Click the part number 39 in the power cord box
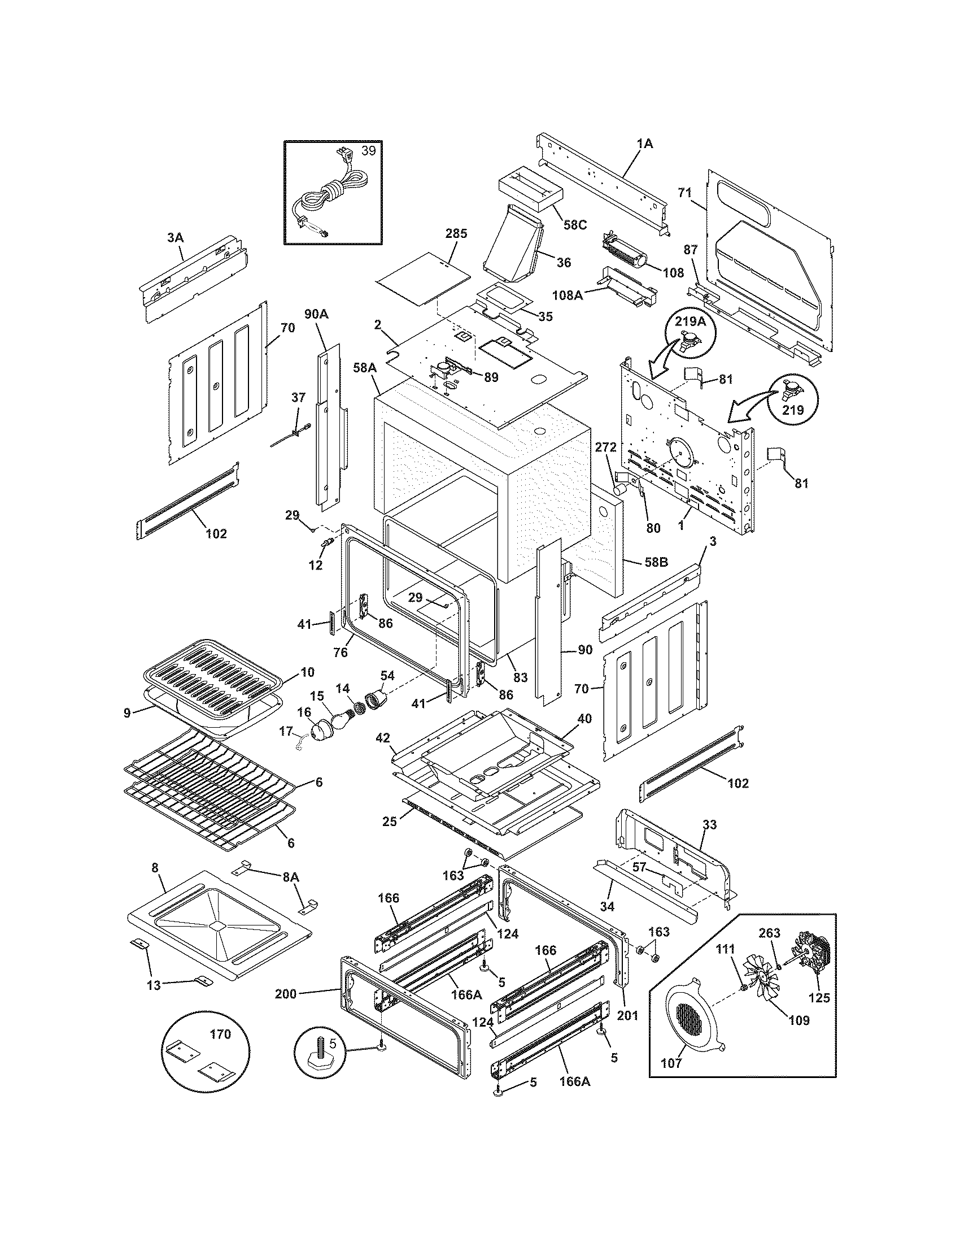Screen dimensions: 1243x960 pyautogui.click(x=369, y=151)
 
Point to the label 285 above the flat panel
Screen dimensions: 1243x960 pyautogui.click(x=456, y=233)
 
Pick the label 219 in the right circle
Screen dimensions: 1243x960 pyautogui.click(x=793, y=410)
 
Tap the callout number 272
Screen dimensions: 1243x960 pyautogui.click(x=606, y=447)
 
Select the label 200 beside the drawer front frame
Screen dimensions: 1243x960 pyautogui.click(x=286, y=994)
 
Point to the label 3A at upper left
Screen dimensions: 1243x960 pyautogui.click(x=175, y=237)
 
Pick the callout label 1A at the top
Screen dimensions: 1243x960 pyautogui.click(x=644, y=144)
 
